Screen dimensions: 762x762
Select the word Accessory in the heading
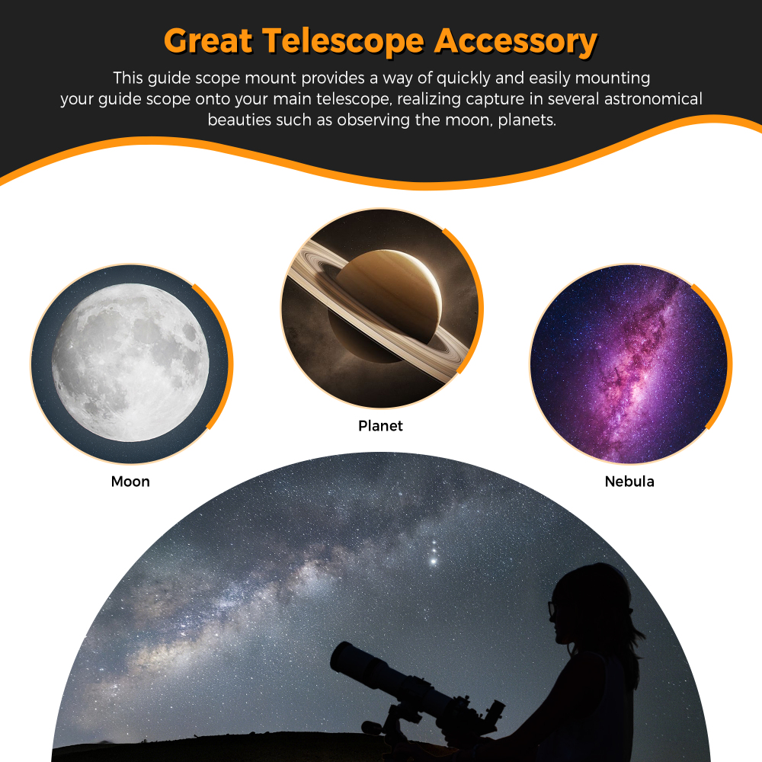[x=516, y=41]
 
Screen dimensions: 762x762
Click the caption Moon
[x=130, y=482]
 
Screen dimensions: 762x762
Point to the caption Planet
[x=380, y=426]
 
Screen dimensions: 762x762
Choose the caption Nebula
[x=629, y=482]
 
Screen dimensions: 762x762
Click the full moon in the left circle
[x=130, y=363]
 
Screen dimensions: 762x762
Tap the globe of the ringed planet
[x=385, y=301]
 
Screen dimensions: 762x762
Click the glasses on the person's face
[x=552, y=610]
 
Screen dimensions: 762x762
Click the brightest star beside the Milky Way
[x=434, y=562]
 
